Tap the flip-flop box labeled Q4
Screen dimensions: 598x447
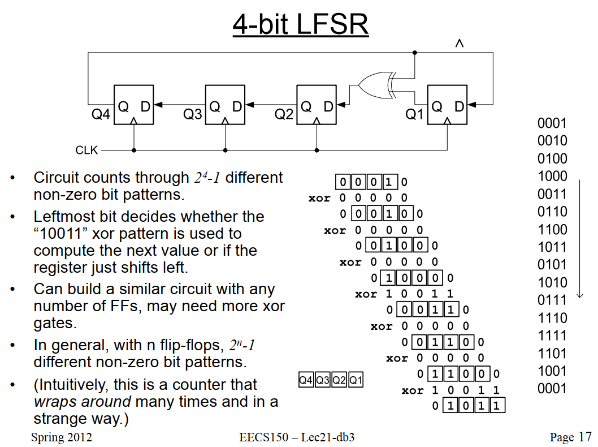tap(133, 105)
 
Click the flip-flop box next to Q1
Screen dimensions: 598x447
tap(447, 105)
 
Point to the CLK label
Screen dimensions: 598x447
tap(86, 150)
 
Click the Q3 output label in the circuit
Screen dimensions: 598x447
tap(192, 114)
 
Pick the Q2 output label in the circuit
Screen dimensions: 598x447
tap(284, 114)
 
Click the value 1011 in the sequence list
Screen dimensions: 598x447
tap(552, 247)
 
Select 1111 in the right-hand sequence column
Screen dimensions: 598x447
tap(552, 336)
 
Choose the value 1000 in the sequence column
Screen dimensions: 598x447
tap(552, 176)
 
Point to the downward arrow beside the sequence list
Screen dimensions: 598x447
tap(580, 239)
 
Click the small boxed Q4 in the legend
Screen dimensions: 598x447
tap(306, 380)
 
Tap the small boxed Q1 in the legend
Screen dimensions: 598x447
tap(356, 380)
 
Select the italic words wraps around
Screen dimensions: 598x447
tap(83, 402)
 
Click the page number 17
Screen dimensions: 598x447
tap(585, 437)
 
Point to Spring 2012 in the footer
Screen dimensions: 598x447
tap(62, 437)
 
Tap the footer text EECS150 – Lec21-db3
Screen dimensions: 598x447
tap(297, 437)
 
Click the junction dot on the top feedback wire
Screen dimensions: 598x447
tap(414, 53)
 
